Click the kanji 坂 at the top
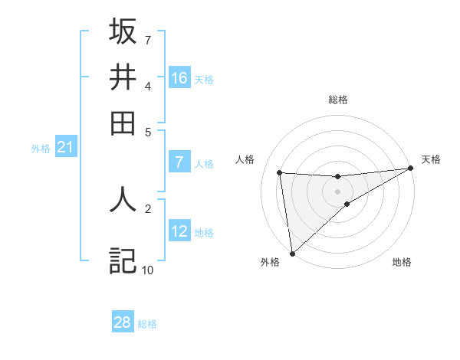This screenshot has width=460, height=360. (123, 31)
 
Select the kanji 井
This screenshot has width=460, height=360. (123, 77)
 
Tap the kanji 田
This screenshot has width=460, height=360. (123, 122)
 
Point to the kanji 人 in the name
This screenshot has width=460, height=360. (123, 198)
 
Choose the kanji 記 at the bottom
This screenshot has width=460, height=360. (123, 260)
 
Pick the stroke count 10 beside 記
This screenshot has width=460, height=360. (147, 270)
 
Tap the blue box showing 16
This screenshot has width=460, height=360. (179, 77)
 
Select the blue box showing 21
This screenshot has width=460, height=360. (65, 146)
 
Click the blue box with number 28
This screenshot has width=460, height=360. (123, 322)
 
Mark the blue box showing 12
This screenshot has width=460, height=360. (179, 231)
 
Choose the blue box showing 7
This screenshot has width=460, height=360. (179, 162)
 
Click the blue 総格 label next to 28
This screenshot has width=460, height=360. (147, 324)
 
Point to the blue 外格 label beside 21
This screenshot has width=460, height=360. (41, 149)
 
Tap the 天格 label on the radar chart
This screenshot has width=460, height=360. (431, 159)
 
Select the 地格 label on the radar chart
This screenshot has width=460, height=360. (402, 262)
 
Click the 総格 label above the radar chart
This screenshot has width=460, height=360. (337, 100)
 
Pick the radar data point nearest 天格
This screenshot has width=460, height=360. (410, 169)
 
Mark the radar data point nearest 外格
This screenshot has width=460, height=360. (292, 254)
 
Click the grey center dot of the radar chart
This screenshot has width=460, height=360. (337, 191)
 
